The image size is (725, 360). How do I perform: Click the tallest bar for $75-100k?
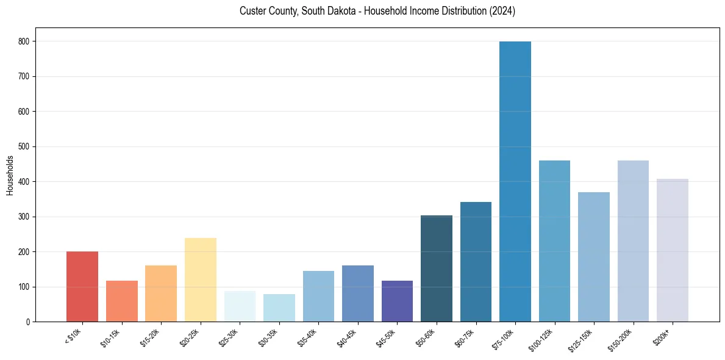(x=515, y=183)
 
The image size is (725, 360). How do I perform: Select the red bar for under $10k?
(x=82, y=287)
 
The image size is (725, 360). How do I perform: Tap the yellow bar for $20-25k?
(x=201, y=281)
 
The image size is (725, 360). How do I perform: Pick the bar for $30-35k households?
(x=279, y=308)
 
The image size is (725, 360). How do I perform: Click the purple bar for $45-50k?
(x=397, y=301)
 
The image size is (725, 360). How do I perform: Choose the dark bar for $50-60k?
(x=437, y=268)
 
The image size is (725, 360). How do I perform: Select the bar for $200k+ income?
(x=673, y=250)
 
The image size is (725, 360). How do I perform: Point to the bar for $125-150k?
(x=594, y=256)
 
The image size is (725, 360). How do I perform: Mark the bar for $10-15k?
(x=122, y=301)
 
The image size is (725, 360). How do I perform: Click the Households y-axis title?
(x=10, y=175)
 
